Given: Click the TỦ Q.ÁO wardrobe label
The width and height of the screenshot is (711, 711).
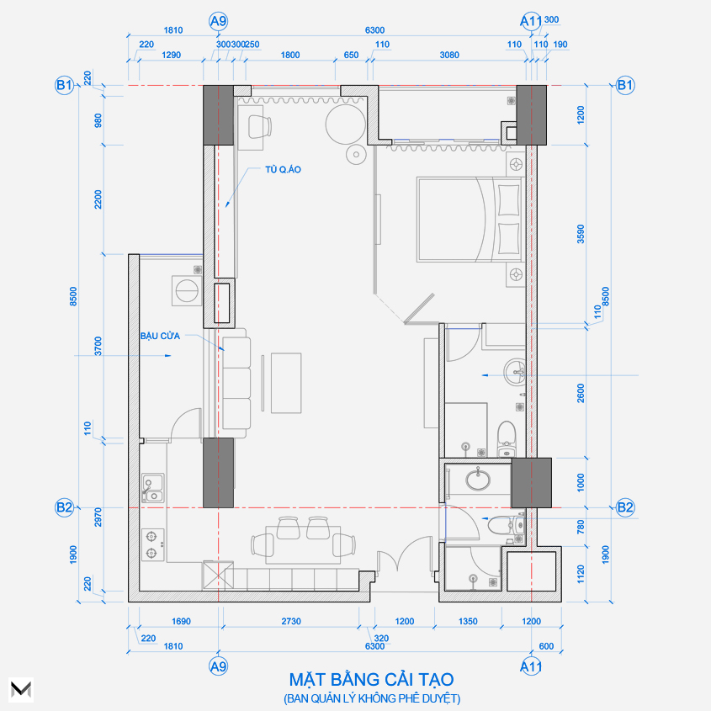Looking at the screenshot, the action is [x=283, y=170].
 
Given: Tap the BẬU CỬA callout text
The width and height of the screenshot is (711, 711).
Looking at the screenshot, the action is [x=160, y=336].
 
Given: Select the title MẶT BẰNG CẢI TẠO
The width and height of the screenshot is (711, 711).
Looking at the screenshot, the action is [x=371, y=679].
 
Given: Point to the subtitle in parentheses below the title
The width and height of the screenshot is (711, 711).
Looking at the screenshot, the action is [x=372, y=698].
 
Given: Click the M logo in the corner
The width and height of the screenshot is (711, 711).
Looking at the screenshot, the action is [x=21, y=690].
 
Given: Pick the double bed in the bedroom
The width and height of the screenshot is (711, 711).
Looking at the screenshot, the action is [x=469, y=220].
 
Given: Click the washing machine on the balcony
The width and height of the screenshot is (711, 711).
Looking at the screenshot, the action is [x=186, y=290].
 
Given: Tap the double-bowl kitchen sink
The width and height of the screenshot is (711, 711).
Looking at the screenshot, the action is [x=153, y=488].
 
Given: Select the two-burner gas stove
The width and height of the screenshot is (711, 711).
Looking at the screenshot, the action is [x=152, y=544].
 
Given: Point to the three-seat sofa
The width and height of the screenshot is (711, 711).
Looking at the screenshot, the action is [x=236, y=383].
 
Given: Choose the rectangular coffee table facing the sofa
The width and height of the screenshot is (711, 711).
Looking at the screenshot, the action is [x=286, y=383].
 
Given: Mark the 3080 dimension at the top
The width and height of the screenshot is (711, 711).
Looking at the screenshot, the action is [x=449, y=55].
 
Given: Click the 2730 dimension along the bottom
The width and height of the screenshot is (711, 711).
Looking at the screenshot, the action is [x=290, y=621].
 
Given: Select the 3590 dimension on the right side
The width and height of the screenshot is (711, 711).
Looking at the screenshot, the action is [x=581, y=234].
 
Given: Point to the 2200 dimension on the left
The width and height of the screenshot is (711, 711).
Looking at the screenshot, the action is [x=98, y=199].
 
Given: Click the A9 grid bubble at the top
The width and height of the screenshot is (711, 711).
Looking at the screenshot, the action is [x=218, y=21].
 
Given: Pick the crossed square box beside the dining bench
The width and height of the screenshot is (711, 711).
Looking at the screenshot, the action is [x=218, y=576].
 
